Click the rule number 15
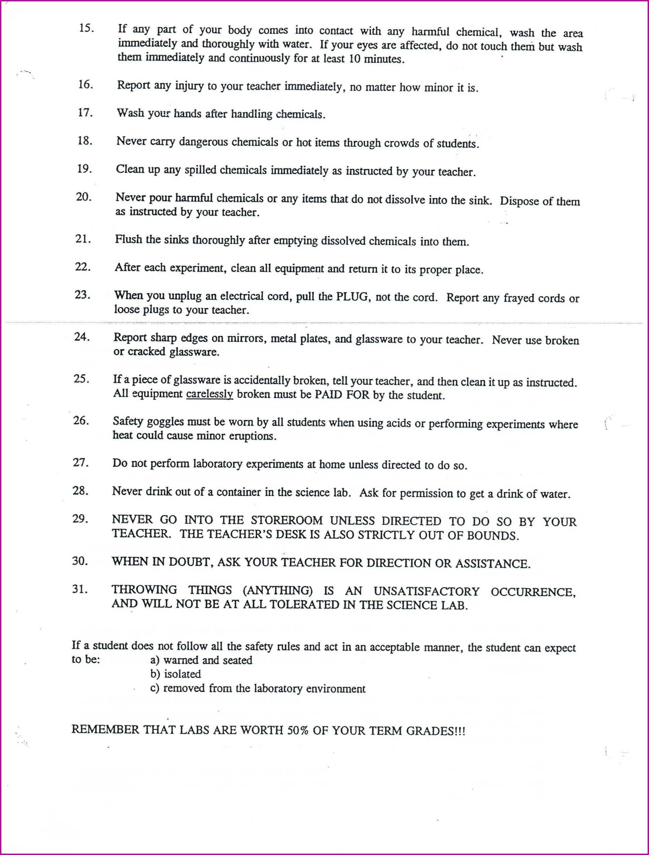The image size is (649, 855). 86,29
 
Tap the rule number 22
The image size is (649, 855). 83,267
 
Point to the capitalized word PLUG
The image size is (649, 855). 351,297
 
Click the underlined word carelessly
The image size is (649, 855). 209,394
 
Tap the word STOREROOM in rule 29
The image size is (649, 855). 287,520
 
